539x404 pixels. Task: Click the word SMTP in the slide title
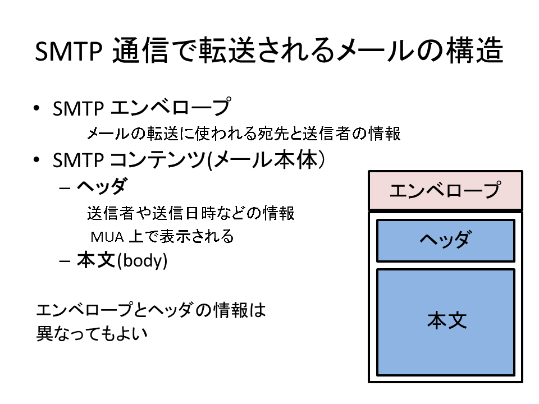point(68,51)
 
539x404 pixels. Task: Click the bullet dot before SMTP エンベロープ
point(36,108)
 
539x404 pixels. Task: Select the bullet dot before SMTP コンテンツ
point(36,160)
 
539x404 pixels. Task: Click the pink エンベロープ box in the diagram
point(445,190)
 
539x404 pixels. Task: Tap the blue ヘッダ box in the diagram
point(445,241)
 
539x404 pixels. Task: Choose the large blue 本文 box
point(445,322)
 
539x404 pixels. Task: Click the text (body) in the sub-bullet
point(142,261)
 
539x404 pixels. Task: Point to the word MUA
point(107,237)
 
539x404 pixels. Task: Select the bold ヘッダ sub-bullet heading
point(102,186)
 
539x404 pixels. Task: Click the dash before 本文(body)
point(65,261)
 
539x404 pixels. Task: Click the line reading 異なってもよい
point(92,333)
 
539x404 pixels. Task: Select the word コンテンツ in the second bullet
point(158,160)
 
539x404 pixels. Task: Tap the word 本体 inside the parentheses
point(298,160)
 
